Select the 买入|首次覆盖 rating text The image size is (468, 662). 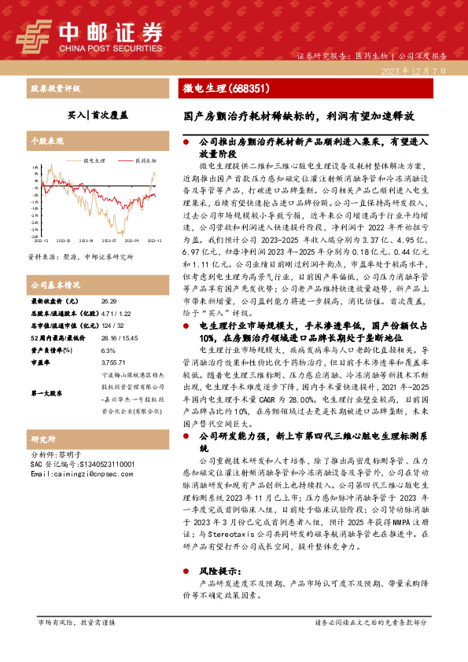point(89,114)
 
